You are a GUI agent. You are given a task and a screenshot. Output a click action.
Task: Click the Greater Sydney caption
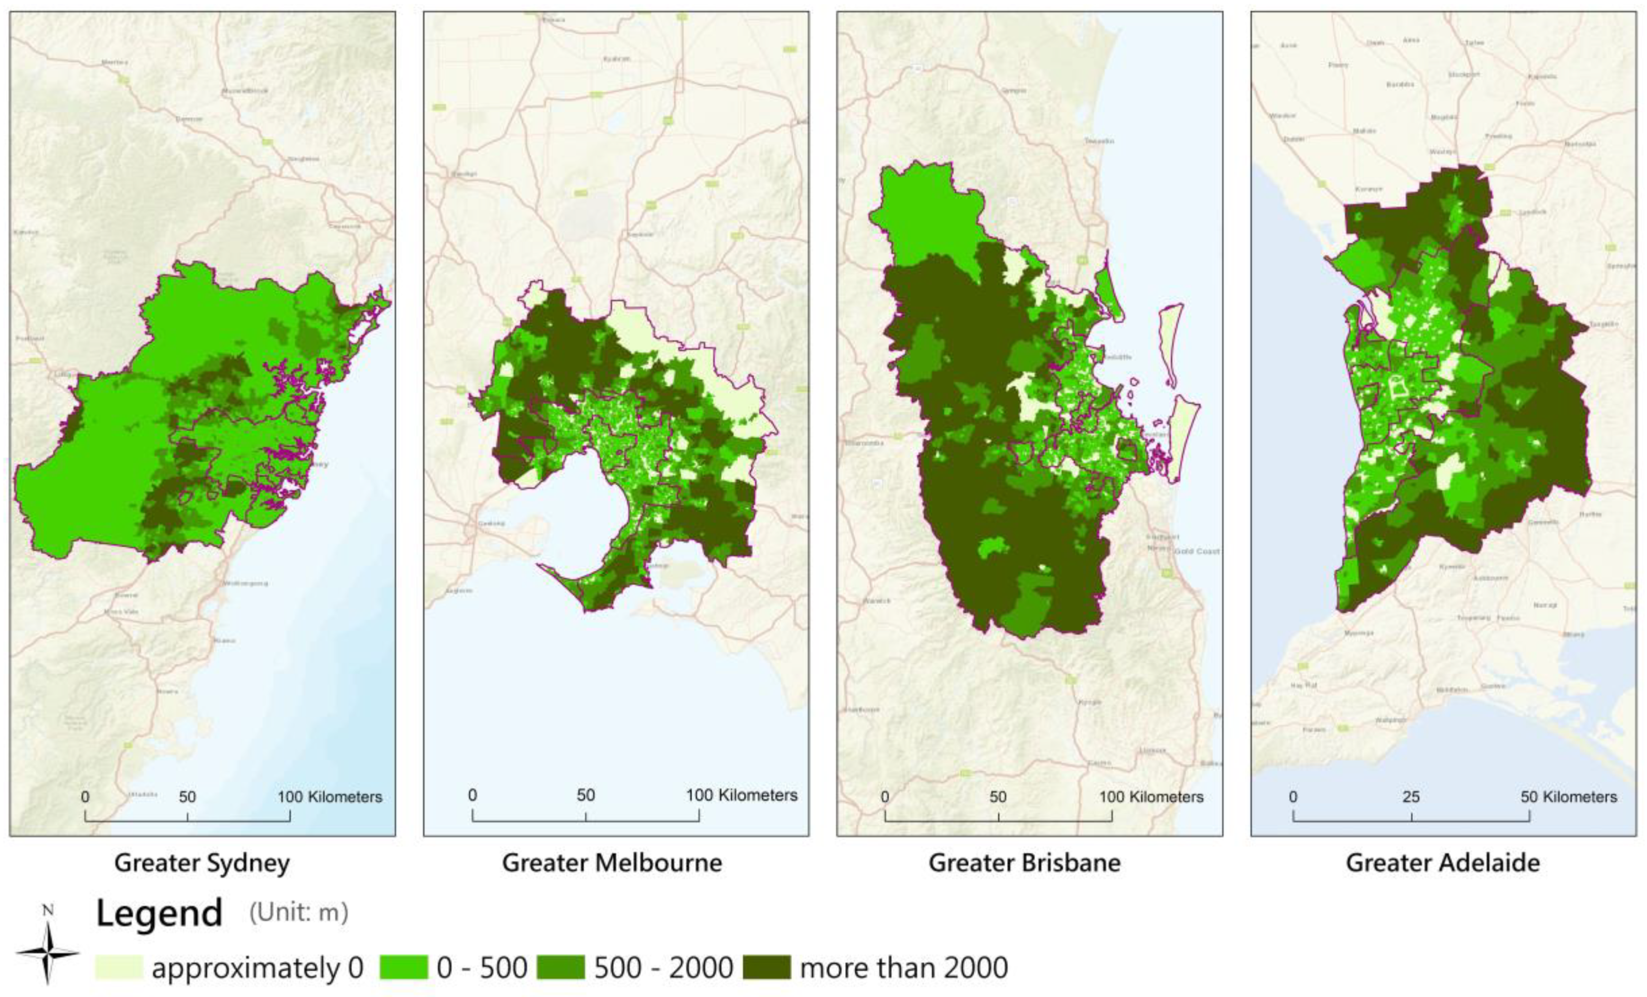[x=202, y=863]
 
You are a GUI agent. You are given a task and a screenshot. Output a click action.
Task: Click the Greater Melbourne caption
[x=612, y=863]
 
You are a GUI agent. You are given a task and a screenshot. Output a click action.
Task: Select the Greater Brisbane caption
[x=1024, y=863]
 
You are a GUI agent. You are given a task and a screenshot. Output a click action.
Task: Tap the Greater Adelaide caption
[x=1442, y=863]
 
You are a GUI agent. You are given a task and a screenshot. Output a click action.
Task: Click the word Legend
[x=159, y=913]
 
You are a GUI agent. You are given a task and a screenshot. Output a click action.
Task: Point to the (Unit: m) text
[x=299, y=912]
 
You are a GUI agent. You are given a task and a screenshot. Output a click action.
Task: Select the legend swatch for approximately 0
[x=119, y=967]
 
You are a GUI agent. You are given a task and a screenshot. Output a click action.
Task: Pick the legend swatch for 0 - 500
[x=404, y=967]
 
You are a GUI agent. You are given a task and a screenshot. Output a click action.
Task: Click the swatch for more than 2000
[x=766, y=967]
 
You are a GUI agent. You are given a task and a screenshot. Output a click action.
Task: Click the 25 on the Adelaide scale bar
[x=1411, y=797]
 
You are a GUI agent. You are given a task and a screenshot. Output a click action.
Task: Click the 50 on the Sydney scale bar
[x=187, y=797]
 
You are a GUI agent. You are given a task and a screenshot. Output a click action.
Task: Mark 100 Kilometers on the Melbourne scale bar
[x=741, y=795]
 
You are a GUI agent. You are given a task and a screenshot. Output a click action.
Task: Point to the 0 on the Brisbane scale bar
[x=885, y=797]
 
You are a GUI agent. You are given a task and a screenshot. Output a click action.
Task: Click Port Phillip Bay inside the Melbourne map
[x=581, y=508]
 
